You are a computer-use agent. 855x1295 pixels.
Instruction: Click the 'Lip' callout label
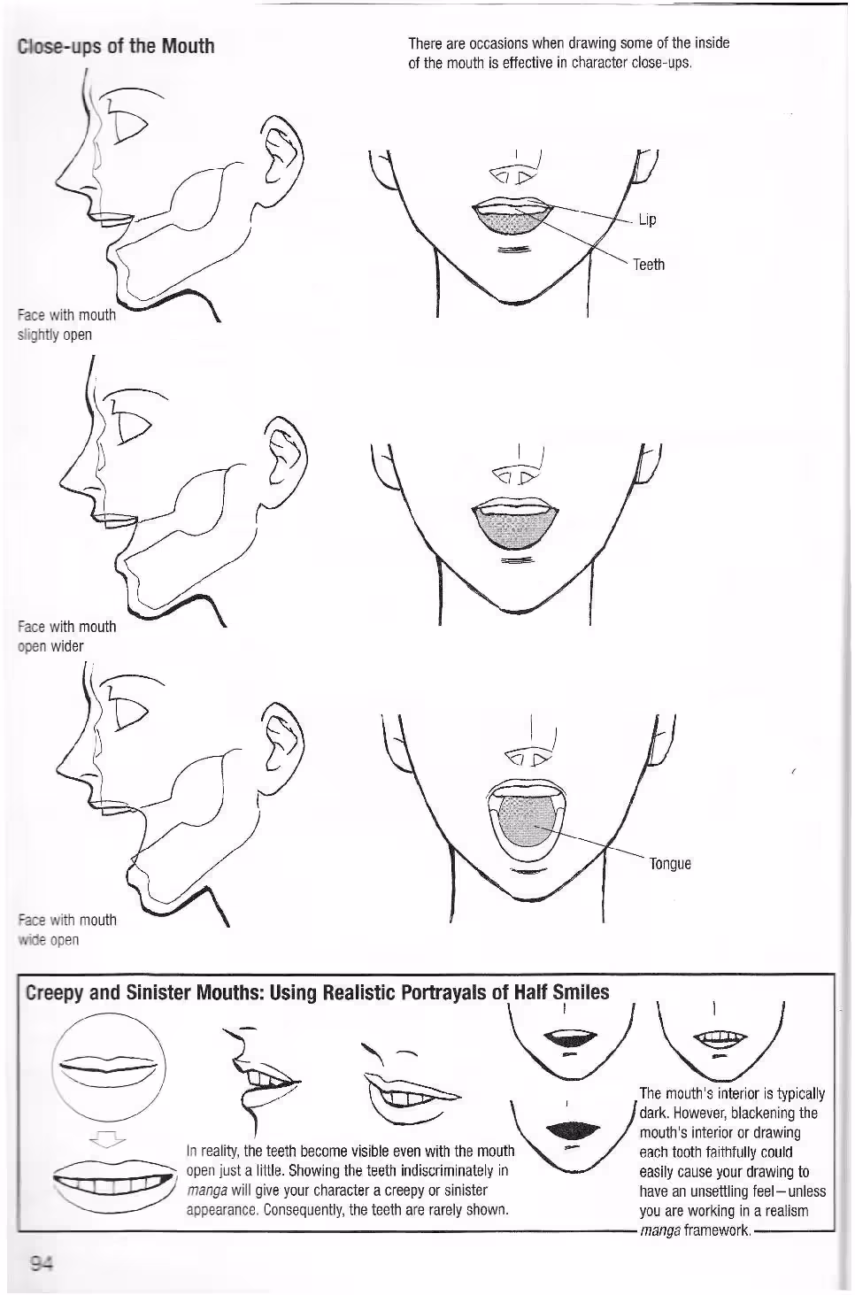(x=647, y=220)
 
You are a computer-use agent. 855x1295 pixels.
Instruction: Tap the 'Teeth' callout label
(x=649, y=265)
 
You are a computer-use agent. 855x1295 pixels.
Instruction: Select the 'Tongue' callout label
(x=670, y=864)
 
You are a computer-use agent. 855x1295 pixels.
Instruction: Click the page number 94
(x=42, y=1264)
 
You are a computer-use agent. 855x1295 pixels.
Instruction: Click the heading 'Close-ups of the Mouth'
(x=116, y=46)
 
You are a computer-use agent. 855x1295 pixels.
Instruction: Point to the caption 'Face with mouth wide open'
(x=67, y=929)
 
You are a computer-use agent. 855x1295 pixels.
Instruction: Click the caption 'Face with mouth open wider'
(x=66, y=636)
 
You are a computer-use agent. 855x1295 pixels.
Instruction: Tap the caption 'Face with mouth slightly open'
(x=66, y=325)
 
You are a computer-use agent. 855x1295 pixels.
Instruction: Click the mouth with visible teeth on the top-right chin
(x=720, y=1037)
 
